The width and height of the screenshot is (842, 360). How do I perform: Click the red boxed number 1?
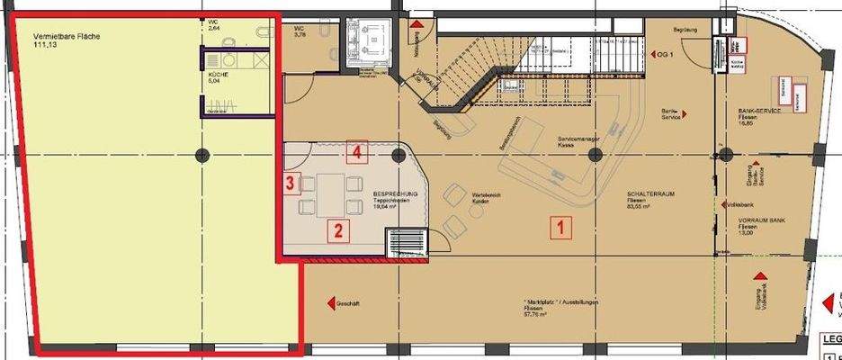coord(560,229)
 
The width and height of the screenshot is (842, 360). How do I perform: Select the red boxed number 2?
coord(338,230)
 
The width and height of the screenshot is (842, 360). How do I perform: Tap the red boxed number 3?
coord(289,184)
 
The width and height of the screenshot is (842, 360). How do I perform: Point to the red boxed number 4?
coord(357,153)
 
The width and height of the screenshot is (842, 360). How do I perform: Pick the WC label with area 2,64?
coord(213,24)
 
